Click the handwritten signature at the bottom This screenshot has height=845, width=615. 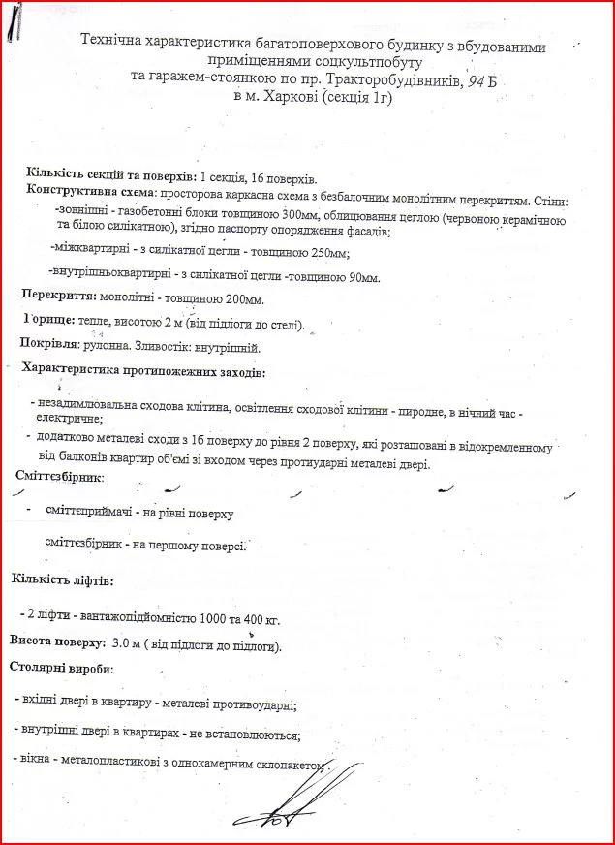pyautogui.click(x=275, y=804)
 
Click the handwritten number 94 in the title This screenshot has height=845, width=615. pyautogui.click(x=476, y=80)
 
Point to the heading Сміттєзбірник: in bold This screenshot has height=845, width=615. pyautogui.click(x=60, y=477)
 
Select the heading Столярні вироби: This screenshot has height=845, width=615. pyautogui.click(x=61, y=669)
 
